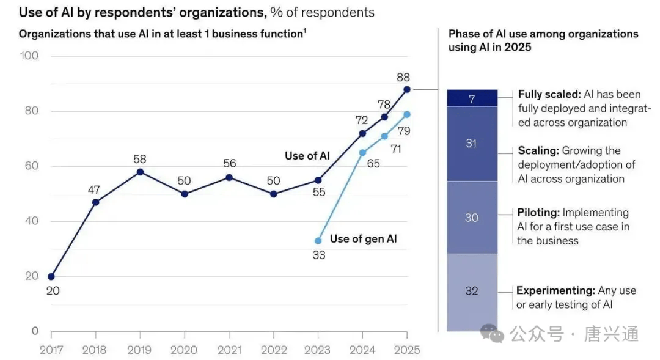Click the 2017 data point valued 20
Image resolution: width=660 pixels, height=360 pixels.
click(x=51, y=276)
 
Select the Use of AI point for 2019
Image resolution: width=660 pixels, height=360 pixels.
click(x=140, y=172)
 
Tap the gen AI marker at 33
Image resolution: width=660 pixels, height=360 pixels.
click(x=318, y=241)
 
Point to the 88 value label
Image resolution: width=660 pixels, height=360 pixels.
click(x=403, y=78)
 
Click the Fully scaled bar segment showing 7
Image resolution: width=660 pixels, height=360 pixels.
click(x=472, y=98)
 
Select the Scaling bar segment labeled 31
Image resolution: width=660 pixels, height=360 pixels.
click(x=472, y=144)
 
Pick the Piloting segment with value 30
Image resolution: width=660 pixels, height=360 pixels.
click(x=472, y=218)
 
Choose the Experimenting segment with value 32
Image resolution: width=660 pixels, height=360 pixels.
click(x=472, y=291)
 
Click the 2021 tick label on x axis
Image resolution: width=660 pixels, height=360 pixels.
click(x=229, y=350)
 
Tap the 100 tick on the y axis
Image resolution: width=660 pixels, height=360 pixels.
click(x=29, y=56)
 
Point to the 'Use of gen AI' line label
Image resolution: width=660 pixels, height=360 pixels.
click(x=363, y=239)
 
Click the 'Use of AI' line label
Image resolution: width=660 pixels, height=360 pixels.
click(x=307, y=156)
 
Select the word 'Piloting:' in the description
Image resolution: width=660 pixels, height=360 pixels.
click(x=538, y=213)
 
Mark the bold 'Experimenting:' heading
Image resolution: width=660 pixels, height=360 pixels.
click(x=555, y=290)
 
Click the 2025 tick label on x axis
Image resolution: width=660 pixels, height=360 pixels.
click(x=407, y=350)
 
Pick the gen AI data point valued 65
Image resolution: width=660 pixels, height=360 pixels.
click(x=362, y=153)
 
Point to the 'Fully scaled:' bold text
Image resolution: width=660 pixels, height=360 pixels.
click(x=548, y=95)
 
